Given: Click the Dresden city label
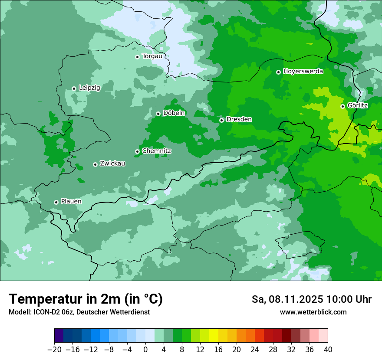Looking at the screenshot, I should click(239, 119).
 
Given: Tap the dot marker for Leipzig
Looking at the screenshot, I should click(74, 88).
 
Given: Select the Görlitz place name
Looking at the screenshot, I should click(357, 105).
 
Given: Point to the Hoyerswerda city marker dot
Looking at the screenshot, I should click(278, 72).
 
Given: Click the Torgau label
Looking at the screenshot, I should click(152, 56).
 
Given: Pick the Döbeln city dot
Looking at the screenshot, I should click(158, 114).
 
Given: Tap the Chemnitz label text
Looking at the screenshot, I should click(156, 151).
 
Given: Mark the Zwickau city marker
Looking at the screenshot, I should click(95, 164).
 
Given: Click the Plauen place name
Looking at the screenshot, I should click(71, 202).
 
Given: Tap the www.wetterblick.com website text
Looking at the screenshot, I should click(313, 312).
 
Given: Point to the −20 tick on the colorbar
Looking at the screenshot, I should click(54, 350).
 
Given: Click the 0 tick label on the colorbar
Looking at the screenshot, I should click(145, 350).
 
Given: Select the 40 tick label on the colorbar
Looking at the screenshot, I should click(328, 350).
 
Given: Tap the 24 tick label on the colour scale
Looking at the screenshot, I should click(255, 350).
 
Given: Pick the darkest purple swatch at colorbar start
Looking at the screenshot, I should click(59, 336).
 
